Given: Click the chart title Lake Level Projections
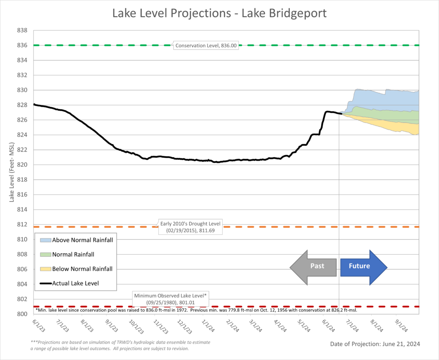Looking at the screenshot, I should pos(219,13).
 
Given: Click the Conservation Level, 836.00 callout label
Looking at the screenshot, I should pos(206,45).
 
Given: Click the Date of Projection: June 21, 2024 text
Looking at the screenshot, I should pos(375,344).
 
